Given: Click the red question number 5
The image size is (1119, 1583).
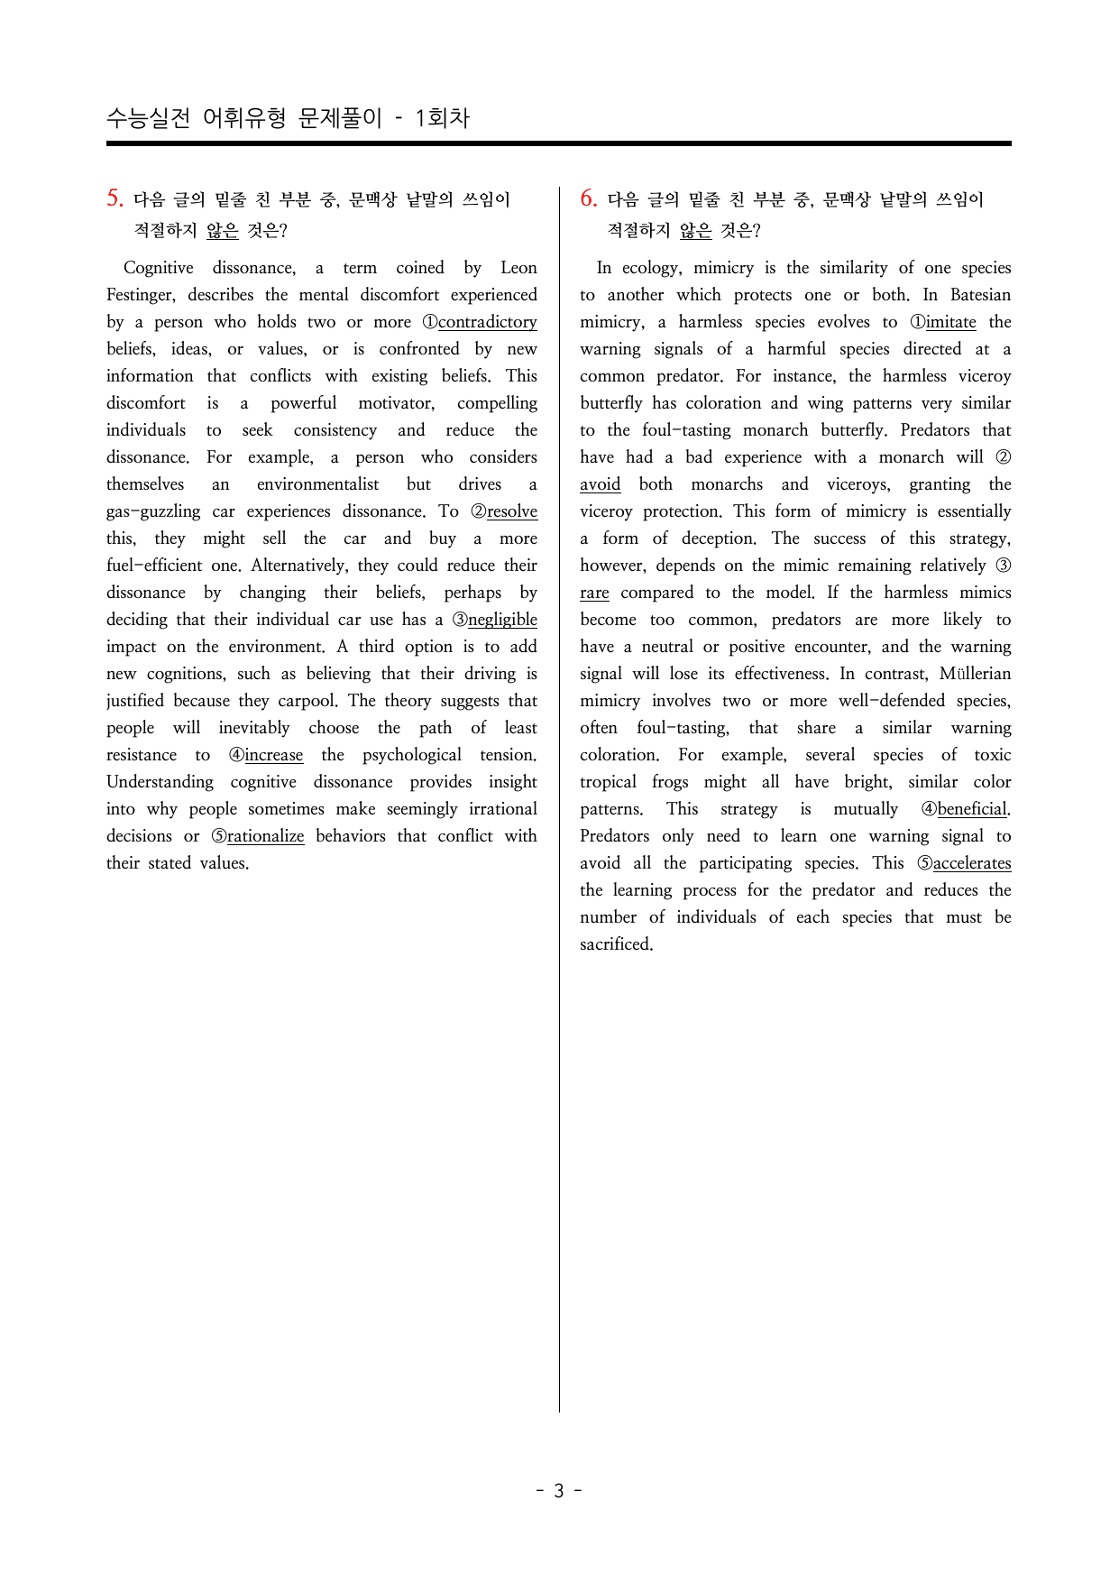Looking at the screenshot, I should [115, 198].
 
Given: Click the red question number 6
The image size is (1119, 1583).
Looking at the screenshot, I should [588, 198].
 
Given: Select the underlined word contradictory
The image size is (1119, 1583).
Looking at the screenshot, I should [487, 322].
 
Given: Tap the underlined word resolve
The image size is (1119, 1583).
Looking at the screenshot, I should [511, 511].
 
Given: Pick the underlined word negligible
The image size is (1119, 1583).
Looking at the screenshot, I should [502, 620].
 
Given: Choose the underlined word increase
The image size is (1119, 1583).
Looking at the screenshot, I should [273, 755].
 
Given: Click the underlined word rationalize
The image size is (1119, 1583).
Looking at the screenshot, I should [265, 836].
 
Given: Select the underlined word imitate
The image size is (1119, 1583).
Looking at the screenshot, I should [950, 322].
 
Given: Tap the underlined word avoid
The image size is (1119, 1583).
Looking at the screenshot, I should [600, 484].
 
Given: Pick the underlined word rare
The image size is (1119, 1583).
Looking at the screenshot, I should [594, 593].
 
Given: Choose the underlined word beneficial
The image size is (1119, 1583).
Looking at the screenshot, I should [972, 809].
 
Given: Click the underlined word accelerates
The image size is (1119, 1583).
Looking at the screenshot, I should [971, 863].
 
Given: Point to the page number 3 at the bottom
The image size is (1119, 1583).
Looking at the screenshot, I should [559, 1491].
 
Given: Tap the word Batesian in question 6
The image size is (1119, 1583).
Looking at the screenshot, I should [980, 295].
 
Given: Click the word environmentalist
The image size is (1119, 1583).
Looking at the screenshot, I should [317, 484].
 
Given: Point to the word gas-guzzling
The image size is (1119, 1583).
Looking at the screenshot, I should [153, 511].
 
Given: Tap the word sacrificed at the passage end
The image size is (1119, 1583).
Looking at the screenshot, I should [616, 944].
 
